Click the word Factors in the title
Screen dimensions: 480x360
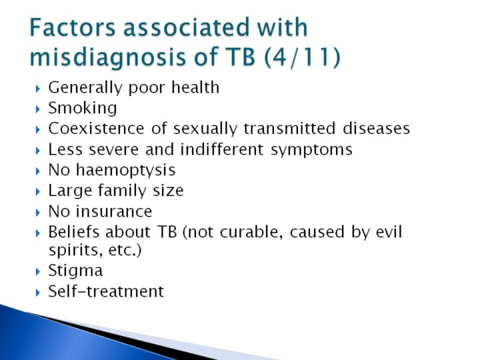pos(73,27)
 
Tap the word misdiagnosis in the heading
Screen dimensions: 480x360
pos(108,57)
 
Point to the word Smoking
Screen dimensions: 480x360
pos(83,109)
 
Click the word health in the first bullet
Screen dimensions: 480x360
pos(195,87)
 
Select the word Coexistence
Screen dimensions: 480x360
pos(96,128)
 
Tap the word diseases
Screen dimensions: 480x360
pos(376,128)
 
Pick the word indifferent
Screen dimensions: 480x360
pos(221,149)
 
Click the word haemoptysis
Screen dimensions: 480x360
pos(125,170)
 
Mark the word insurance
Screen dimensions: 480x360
pos(114,211)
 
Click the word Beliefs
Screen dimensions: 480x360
pos(74,232)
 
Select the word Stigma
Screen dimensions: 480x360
pos(75,271)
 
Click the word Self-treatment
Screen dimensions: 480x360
pos(106,291)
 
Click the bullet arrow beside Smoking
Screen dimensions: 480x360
pos(38,109)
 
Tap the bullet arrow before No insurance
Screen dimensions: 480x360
pos(38,213)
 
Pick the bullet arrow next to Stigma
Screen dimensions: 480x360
pos(38,271)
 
